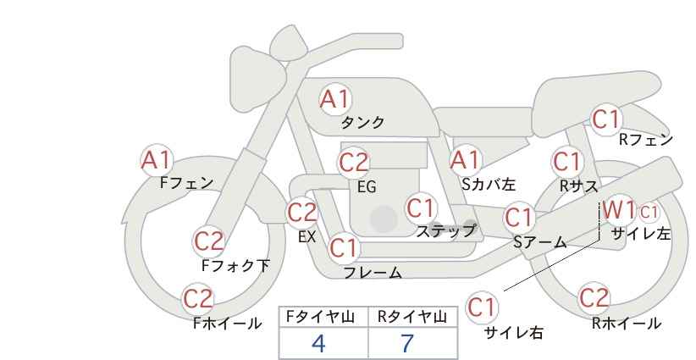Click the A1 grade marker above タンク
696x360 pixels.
[x=335, y=99]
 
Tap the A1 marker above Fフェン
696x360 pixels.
[x=156, y=160]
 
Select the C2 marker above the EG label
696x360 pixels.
[x=353, y=163]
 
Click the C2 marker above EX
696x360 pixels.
[x=302, y=213]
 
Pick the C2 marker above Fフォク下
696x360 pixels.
[x=209, y=241]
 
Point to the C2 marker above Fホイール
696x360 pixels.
[x=198, y=299]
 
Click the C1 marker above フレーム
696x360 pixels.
[x=344, y=247]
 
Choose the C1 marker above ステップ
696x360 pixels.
[x=421, y=208]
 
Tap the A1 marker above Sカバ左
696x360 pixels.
[x=465, y=160]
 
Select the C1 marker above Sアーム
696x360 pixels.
[x=519, y=218]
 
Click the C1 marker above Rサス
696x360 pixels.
[x=567, y=162]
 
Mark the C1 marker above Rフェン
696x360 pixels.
[x=606, y=119]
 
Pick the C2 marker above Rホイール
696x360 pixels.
[x=594, y=298]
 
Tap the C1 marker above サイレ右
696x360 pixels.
[x=482, y=307]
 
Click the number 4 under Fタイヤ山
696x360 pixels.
[x=318, y=343]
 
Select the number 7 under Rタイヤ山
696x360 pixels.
[x=407, y=343]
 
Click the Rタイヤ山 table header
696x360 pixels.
[x=412, y=317]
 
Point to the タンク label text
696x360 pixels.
[x=362, y=123]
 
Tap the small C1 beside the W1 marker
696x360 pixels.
[x=649, y=213]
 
